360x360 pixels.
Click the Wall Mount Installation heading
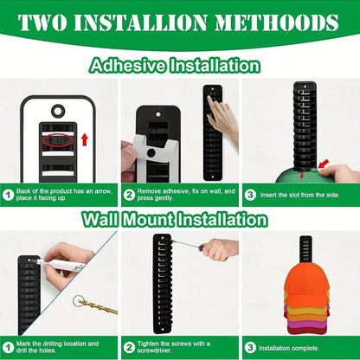pyautogui.click(x=179, y=219)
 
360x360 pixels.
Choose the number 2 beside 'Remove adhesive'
pyautogui.click(x=127, y=196)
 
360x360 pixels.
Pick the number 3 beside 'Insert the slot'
pyautogui.click(x=248, y=196)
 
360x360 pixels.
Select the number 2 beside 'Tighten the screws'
pyautogui.click(x=127, y=346)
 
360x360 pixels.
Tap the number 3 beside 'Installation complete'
pyautogui.click(x=248, y=346)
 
